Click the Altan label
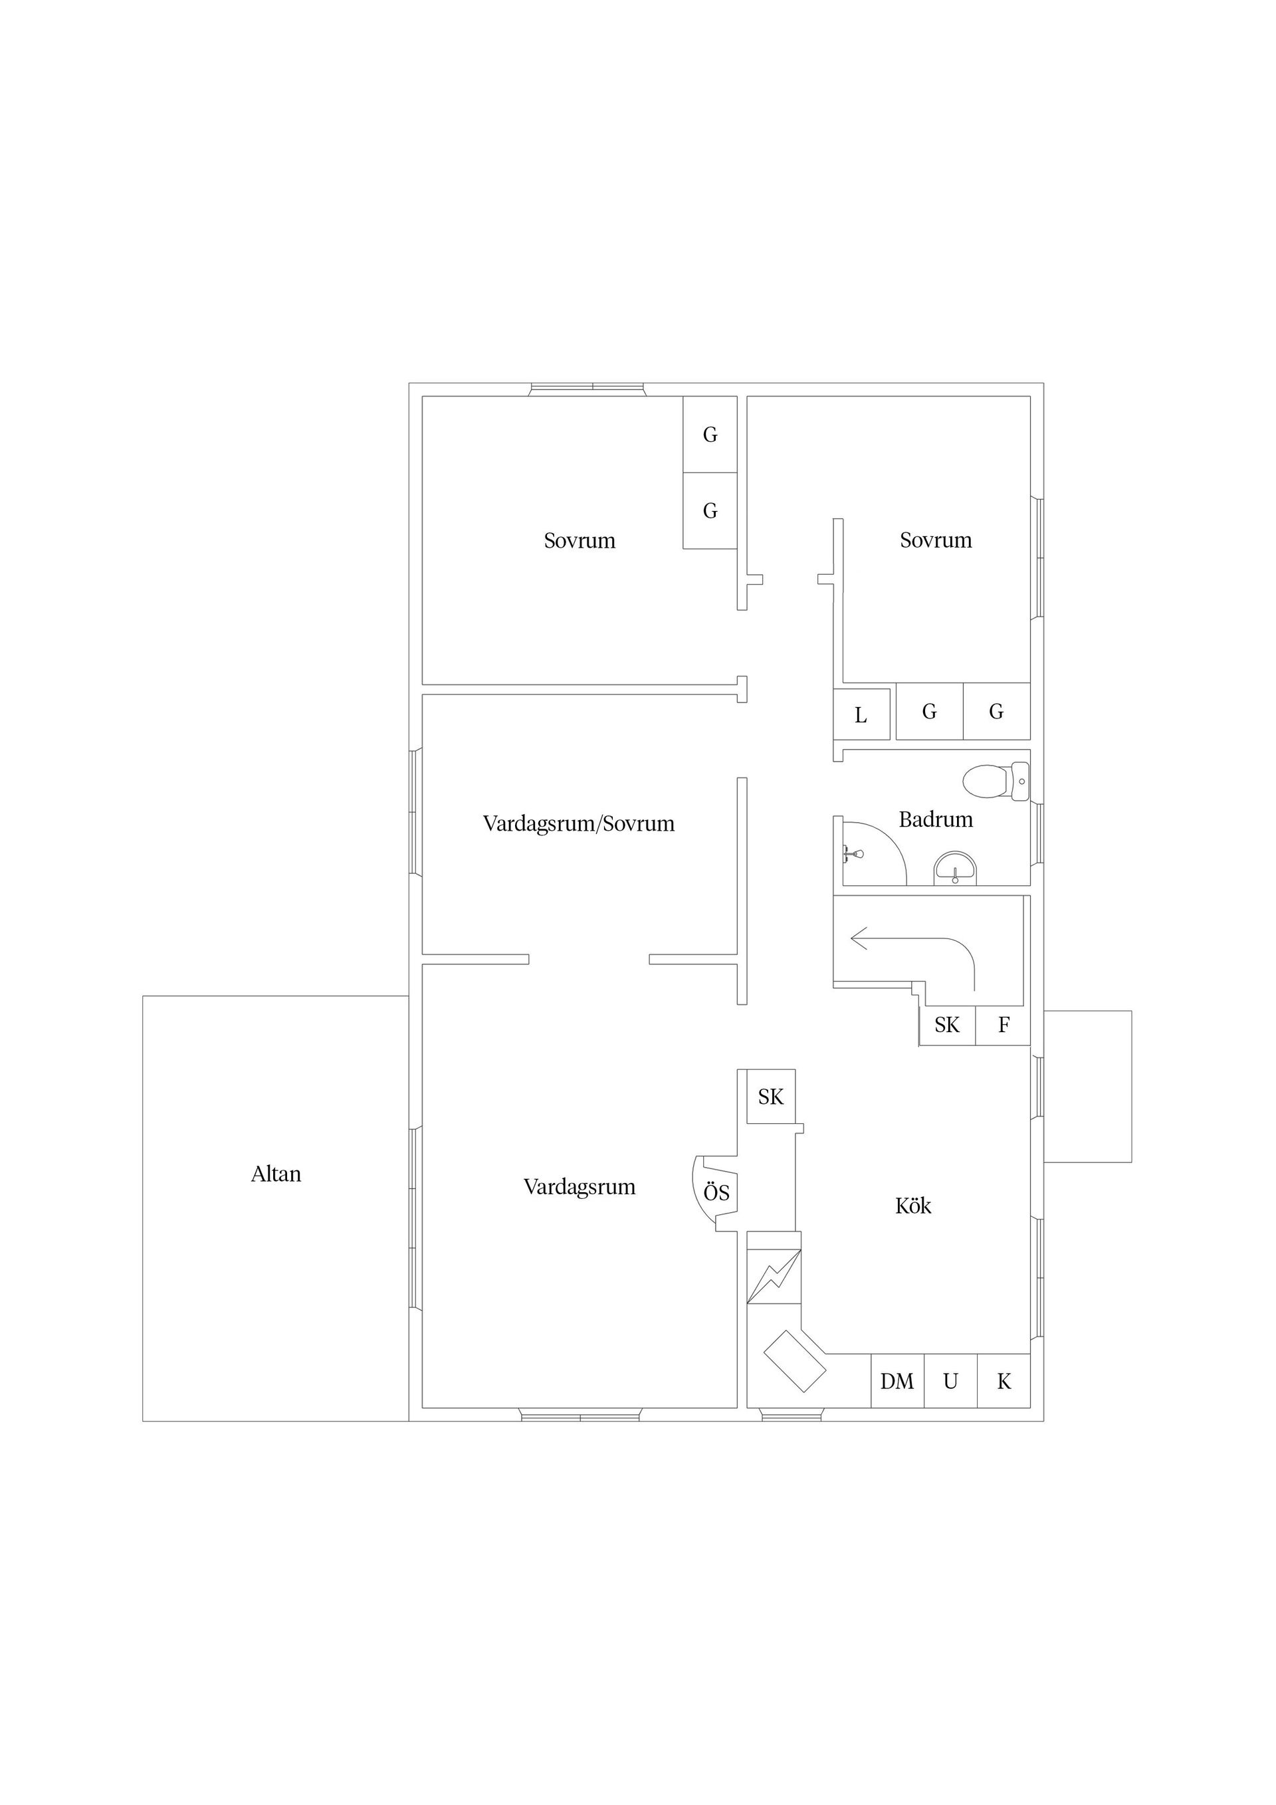click(276, 1174)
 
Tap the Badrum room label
click(936, 820)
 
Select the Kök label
click(912, 1206)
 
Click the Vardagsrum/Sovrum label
click(579, 824)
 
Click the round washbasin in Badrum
click(954, 869)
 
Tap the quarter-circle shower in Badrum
click(871, 853)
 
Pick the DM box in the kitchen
click(897, 1381)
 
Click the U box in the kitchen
click(950, 1381)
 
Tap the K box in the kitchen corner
click(1004, 1381)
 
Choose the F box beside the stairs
click(1004, 1026)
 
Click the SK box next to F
click(948, 1026)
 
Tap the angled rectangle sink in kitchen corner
click(795, 1362)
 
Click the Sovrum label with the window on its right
click(936, 540)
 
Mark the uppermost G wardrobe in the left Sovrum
click(710, 434)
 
